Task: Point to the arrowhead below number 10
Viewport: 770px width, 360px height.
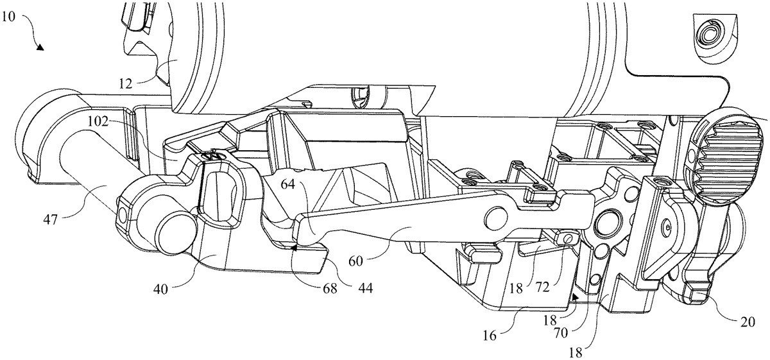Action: [x=40, y=47]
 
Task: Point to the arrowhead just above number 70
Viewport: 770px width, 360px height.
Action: [x=576, y=297]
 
